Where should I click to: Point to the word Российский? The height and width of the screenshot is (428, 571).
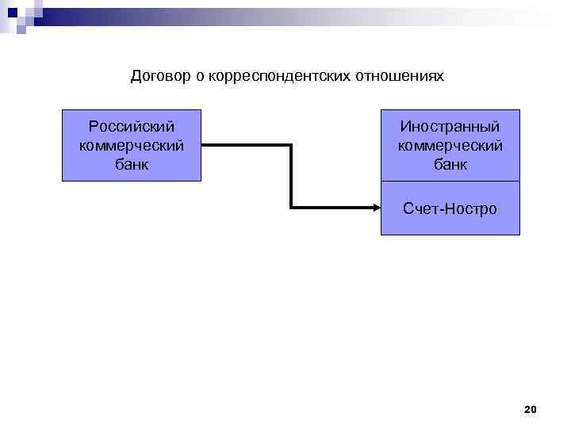click(132, 127)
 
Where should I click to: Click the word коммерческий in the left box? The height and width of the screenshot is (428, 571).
click(132, 146)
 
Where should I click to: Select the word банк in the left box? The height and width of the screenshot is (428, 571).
click(132, 165)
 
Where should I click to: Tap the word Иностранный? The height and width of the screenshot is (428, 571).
click(450, 127)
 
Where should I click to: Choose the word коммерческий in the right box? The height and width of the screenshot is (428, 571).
click(450, 146)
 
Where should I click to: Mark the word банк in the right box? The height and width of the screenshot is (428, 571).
click(450, 165)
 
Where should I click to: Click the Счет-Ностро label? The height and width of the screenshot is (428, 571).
click(450, 208)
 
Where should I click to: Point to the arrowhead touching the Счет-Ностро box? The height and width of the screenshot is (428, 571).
click(377, 208)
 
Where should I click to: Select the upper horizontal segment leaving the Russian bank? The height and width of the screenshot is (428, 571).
click(247, 146)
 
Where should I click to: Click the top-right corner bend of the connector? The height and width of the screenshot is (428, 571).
click(293, 146)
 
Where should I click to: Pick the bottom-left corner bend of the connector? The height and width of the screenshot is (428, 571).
click(293, 208)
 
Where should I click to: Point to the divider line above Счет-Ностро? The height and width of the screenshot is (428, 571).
click(450, 182)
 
